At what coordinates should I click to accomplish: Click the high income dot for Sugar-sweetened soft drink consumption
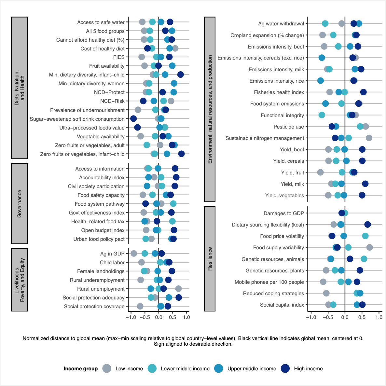pos(133,119)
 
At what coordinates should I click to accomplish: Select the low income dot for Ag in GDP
pos(134,254)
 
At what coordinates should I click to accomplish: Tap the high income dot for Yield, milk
pos(365,184)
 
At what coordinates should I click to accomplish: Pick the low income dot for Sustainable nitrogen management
pos(369,138)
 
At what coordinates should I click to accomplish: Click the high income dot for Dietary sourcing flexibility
pos(367,225)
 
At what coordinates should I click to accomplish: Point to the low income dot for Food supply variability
pos(369,247)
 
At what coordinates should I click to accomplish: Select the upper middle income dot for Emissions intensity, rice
pos(321,81)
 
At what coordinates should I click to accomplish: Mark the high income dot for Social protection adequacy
pos(179,297)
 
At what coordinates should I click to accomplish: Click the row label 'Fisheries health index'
pos(279,92)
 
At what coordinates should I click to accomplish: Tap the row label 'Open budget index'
pos(103,230)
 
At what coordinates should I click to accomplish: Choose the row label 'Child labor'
pos(112,263)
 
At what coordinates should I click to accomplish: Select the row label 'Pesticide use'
pos(289,127)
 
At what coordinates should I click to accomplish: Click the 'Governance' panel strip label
pos(20,204)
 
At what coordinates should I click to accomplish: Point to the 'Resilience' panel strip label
pos(210,259)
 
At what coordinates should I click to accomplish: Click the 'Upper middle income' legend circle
pos(219,368)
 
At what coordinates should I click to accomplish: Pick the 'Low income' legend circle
pos(107,368)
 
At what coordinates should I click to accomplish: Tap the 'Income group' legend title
pos(81,369)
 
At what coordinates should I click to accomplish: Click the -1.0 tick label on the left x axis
pos(131,317)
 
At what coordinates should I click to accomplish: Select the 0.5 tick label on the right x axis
pos(362,317)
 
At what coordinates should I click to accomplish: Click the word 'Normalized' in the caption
pos(35,338)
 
